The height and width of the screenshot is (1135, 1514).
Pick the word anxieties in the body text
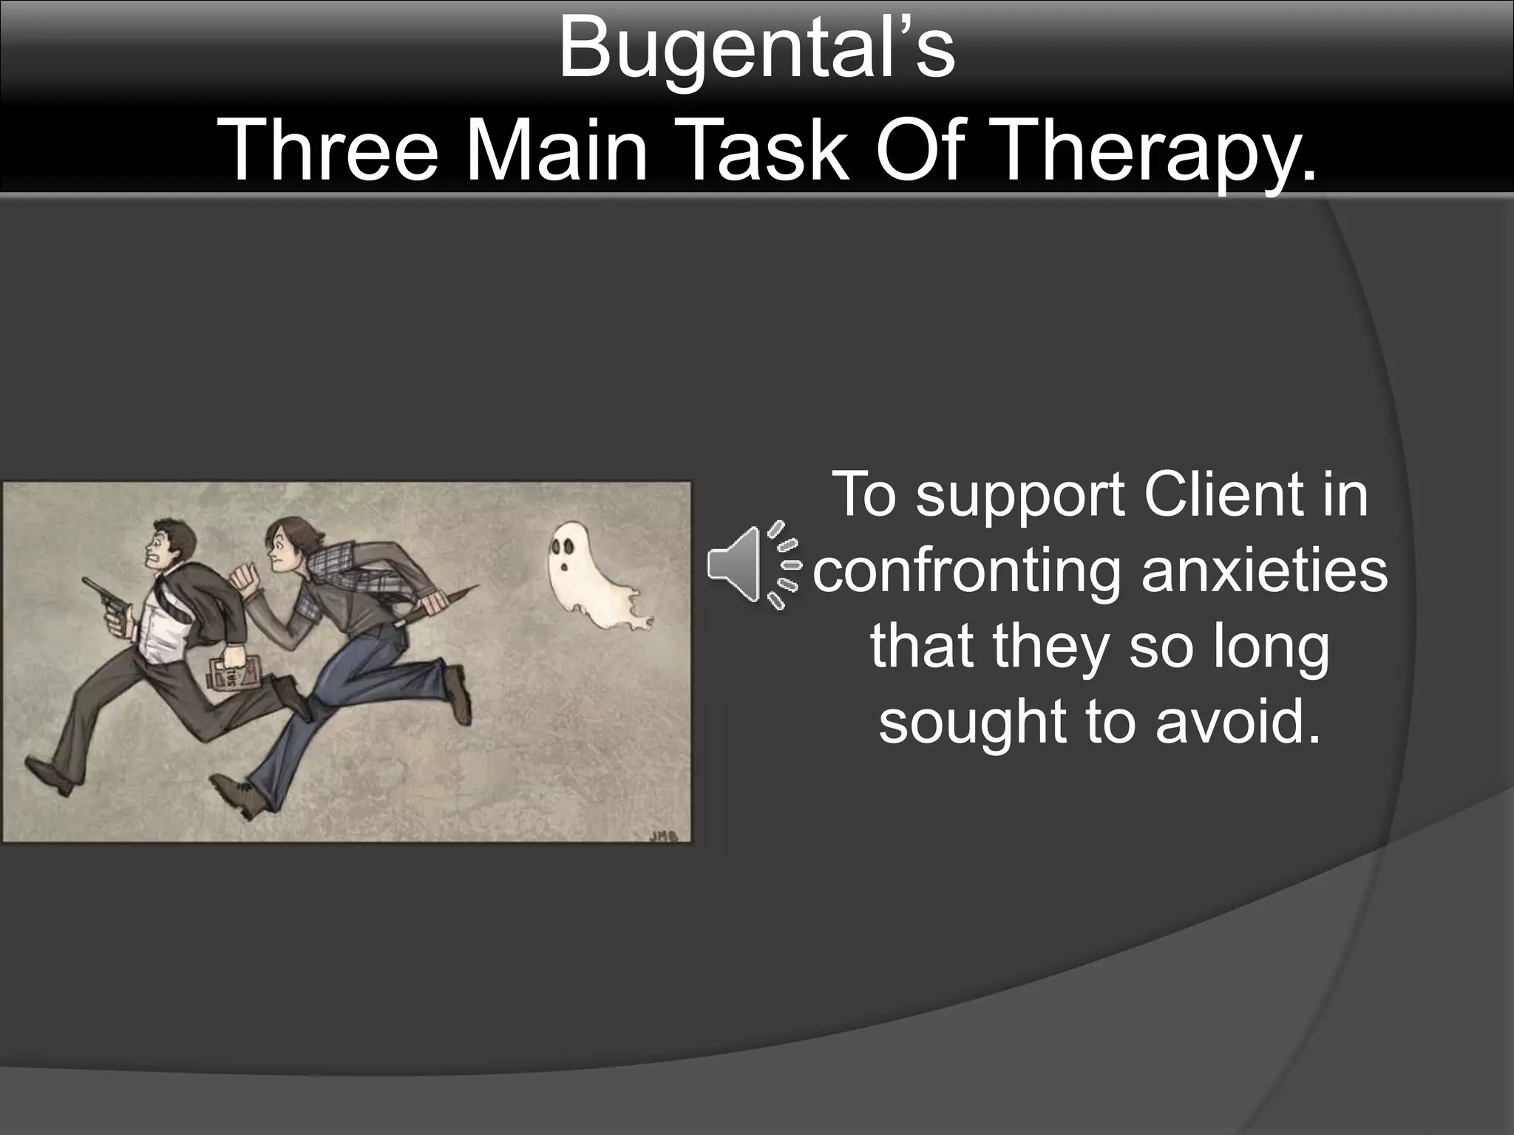(x=1264, y=571)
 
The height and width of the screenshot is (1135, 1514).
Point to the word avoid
(x=1238, y=720)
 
